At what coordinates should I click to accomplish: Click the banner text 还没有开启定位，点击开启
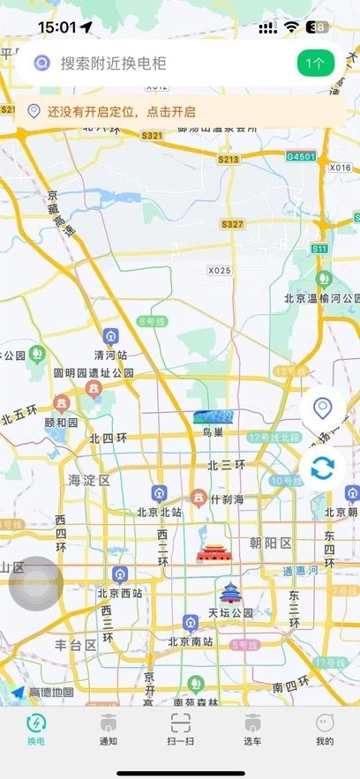coord(122,112)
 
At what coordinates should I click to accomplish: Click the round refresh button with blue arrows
coord(322,468)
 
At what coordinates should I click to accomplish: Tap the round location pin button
coord(322,409)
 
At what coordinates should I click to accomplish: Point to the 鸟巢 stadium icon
coord(212,416)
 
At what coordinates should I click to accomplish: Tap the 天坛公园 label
coord(231,612)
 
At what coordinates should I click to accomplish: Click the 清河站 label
coord(111,355)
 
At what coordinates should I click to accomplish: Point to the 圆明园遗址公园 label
coord(94,373)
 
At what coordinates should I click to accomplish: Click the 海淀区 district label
coord(89,481)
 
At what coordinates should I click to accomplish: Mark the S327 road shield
coord(232,225)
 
